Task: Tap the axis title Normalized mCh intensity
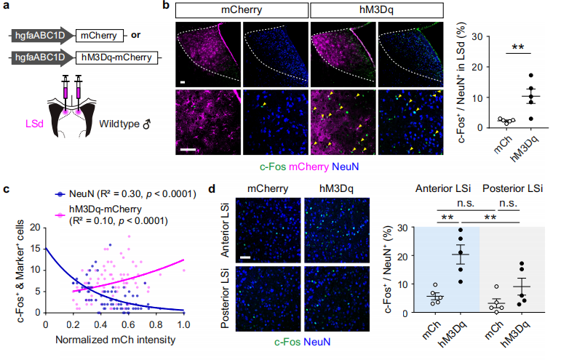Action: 114,340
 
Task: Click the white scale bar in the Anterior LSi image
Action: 247,257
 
